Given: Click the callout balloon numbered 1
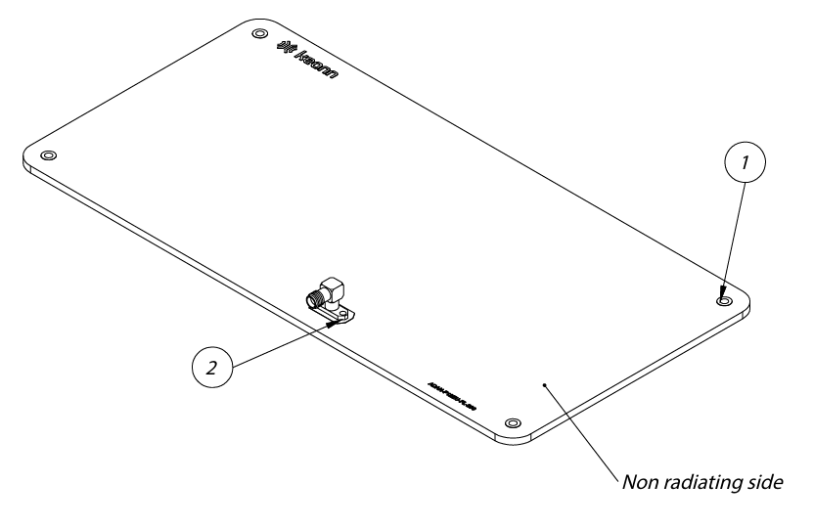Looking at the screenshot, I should [745, 165].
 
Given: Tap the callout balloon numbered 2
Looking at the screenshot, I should [211, 368].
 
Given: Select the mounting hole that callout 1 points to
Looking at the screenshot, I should [723, 301].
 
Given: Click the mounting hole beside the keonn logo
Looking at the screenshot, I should [259, 33].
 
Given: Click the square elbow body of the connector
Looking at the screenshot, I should [334, 286].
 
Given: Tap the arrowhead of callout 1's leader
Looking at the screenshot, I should [724, 290].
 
